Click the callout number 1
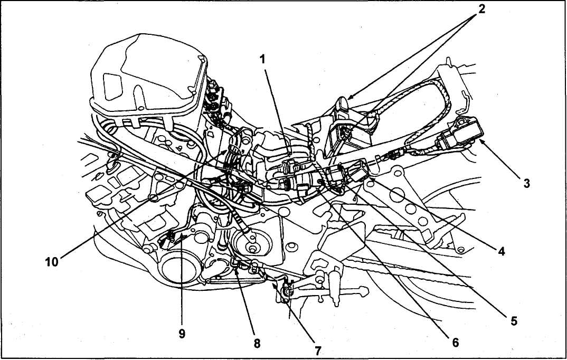click(x=262, y=60)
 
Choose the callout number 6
click(x=455, y=342)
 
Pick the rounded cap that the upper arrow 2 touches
click(x=342, y=101)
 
